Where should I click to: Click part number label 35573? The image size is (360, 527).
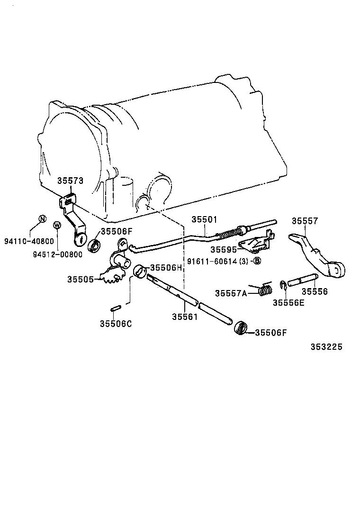70,181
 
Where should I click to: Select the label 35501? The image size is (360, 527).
204,219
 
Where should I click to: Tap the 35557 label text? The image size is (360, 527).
305,221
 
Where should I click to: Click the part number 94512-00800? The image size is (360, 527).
57,254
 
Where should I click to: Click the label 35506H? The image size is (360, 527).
166,268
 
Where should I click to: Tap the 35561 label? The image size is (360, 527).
184,317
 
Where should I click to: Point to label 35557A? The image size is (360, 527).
231,293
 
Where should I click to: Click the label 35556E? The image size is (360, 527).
288,302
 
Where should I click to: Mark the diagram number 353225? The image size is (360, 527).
326,346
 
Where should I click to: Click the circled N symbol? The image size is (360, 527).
42,219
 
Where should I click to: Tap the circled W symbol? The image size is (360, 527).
57,225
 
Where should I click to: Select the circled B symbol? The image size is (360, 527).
257,261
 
